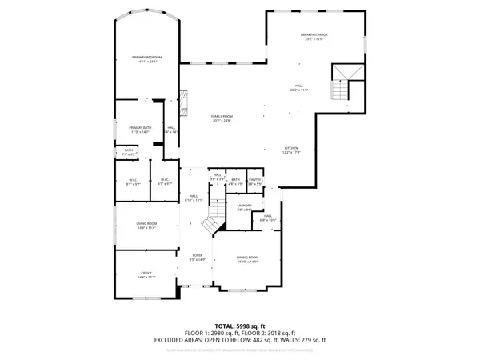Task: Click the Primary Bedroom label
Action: point(147,58)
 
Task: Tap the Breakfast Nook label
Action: point(314,35)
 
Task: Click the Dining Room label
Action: point(247,258)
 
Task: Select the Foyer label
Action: point(198,256)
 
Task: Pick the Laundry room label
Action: point(244,206)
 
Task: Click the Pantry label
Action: point(255,181)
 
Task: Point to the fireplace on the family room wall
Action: point(184,102)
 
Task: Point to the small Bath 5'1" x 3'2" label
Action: point(129,151)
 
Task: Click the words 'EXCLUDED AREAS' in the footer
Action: point(178,340)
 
